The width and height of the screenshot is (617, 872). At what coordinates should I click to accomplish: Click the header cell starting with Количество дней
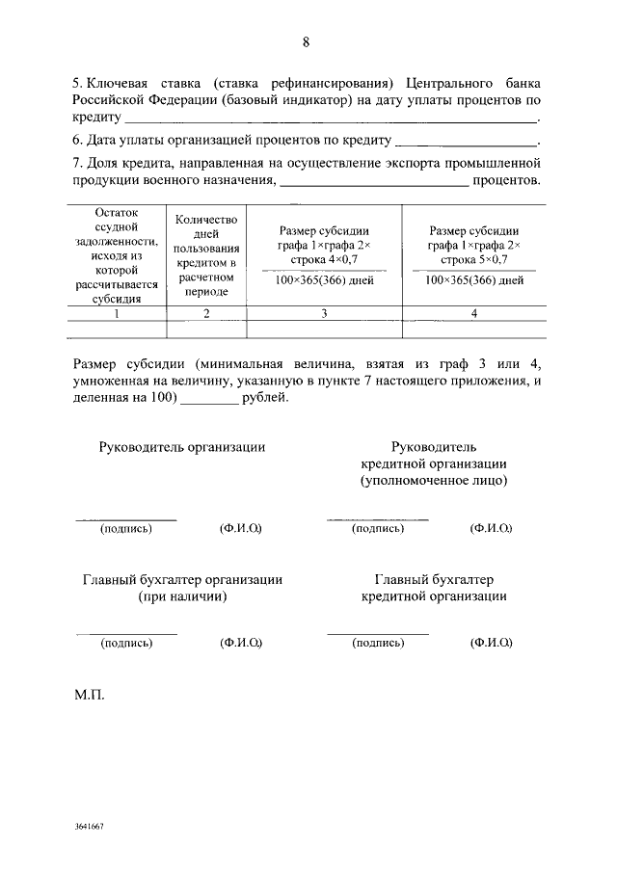pyautogui.click(x=206, y=255)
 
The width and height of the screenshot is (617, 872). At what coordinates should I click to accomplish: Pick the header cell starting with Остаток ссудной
pyautogui.click(x=118, y=255)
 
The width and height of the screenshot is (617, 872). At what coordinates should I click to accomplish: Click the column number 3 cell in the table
pyautogui.click(x=324, y=313)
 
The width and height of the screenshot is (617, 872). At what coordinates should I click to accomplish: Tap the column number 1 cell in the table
pyautogui.click(x=118, y=313)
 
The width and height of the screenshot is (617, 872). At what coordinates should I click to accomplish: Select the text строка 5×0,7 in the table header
pyautogui.click(x=473, y=259)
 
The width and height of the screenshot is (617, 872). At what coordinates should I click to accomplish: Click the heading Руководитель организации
pyautogui.click(x=181, y=447)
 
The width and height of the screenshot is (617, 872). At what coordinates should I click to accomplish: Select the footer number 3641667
pyautogui.click(x=89, y=828)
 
